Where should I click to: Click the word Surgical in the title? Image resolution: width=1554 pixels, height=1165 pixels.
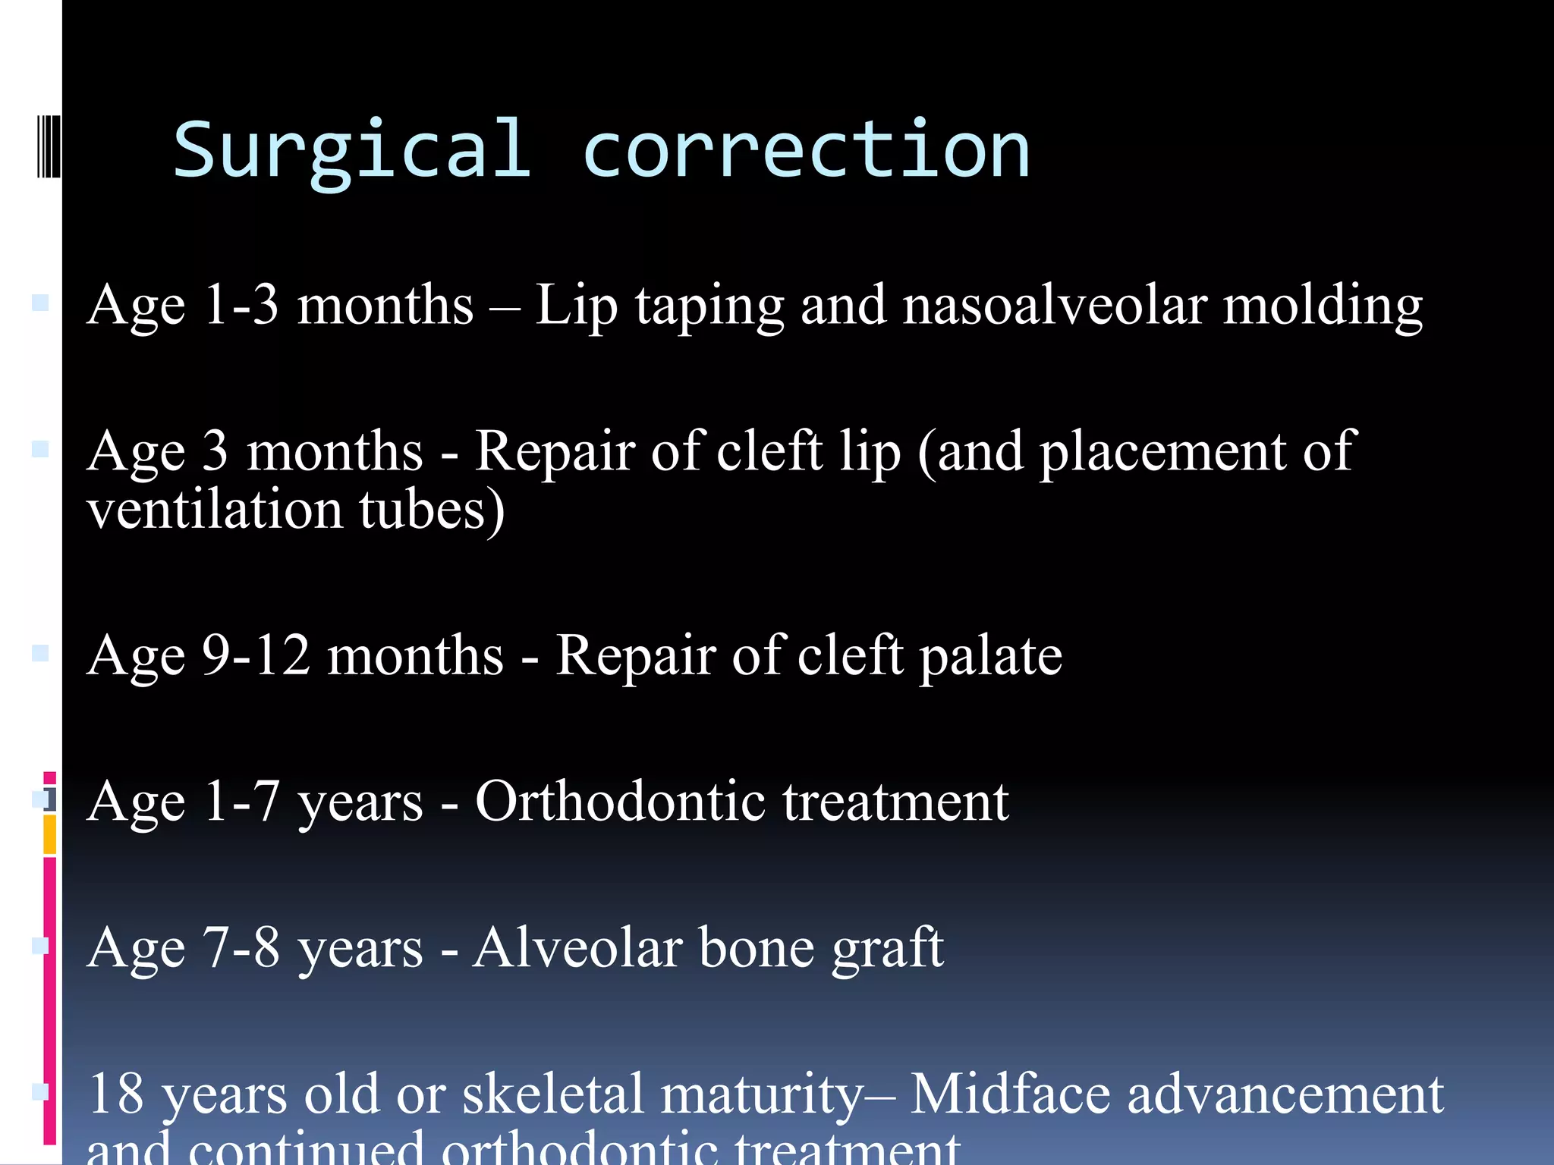click(351, 152)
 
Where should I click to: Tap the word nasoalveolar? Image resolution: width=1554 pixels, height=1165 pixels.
click(1054, 306)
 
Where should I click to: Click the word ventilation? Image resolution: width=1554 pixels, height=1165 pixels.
click(215, 509)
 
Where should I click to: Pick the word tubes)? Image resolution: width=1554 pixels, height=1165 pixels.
click(432, 510)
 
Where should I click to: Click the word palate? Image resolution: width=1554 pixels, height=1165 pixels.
click(990, 656)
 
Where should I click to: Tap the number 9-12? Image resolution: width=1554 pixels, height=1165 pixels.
click(256, 655)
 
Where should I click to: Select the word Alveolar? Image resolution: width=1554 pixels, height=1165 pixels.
click(577, 947)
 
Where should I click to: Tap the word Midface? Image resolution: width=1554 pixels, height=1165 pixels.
click(1010, 1094)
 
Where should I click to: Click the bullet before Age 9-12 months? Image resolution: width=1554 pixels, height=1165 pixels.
click(40, 653)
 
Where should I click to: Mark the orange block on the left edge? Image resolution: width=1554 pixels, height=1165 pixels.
click(49, 834)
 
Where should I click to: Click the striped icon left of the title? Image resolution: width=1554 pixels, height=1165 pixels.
click(49, 146)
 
